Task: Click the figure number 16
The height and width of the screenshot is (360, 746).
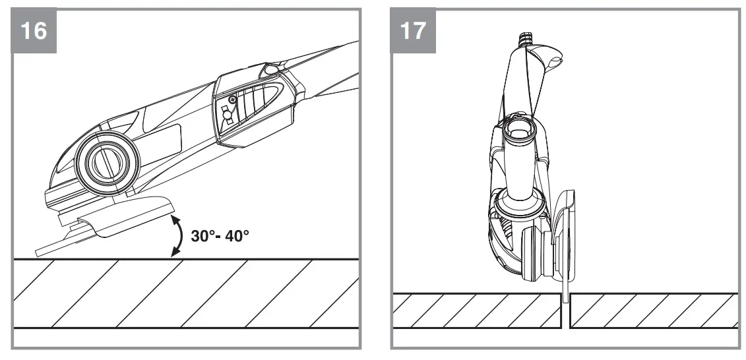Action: pos(34,30)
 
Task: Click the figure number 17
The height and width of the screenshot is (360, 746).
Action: pos(414,30)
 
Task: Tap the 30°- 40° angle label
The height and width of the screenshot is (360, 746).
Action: pos(220,235)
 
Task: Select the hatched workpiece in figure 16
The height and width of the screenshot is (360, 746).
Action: pos(185,293)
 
